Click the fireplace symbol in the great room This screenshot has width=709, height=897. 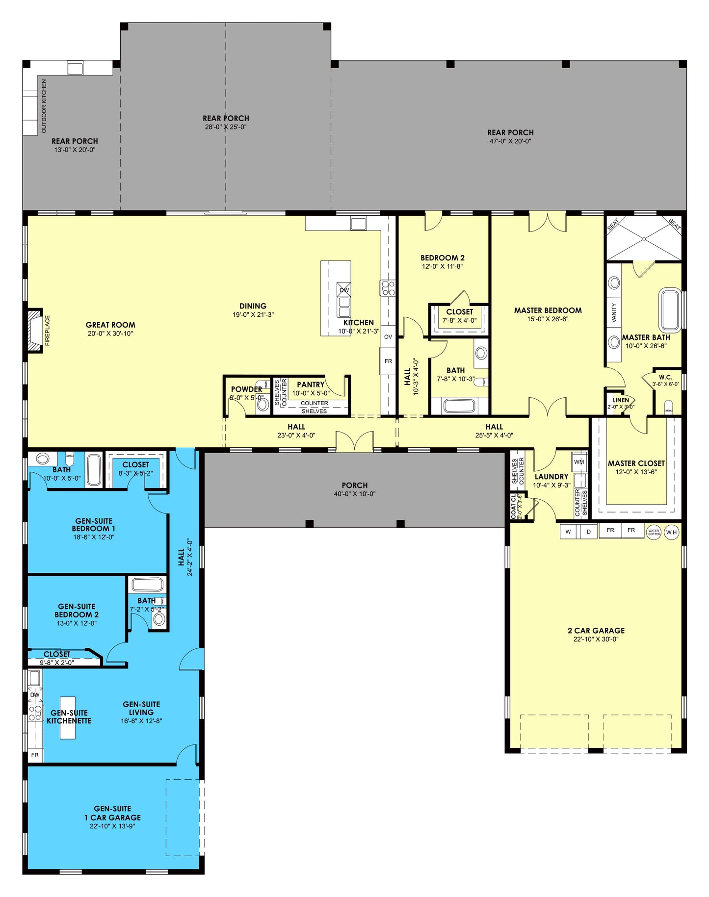coord(35,330)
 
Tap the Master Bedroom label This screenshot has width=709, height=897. coord(548,310)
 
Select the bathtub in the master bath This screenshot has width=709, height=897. coord(670,311)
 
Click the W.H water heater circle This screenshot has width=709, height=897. coord(671,532)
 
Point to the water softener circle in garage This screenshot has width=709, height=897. coord(654,532)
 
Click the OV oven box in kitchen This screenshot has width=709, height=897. coord(388,336)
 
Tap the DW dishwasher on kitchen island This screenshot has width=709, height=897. coord(344,290)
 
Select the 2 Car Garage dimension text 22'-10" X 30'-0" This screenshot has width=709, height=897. coord(596,640)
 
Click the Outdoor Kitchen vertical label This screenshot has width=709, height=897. coord(44,106)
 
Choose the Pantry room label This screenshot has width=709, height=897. coord(311,384)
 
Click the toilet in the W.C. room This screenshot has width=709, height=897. coord(668,406)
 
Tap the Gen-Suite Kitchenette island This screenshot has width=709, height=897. coord(68,717)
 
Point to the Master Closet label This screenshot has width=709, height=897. coord(636,463)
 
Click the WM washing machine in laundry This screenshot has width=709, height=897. coord(579,462)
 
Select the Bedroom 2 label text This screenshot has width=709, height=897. coord(442,258)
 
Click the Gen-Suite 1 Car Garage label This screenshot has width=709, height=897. coord(112,813)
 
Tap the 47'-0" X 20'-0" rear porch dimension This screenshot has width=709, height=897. coord(510,141)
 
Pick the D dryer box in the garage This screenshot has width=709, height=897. coord(588,532)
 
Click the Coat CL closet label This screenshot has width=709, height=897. coord(513,506)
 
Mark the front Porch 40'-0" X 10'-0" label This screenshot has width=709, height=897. coord(354,489)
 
